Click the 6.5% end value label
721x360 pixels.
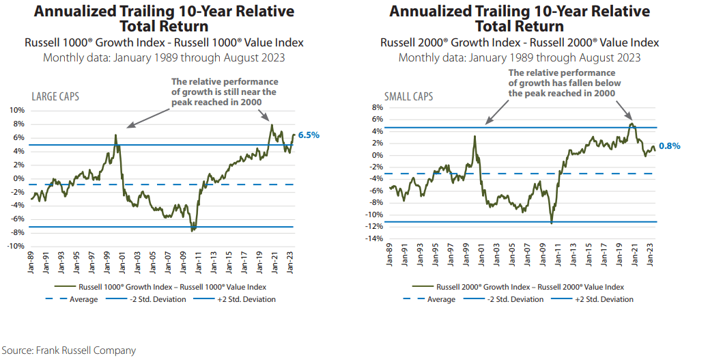tap(308, 135)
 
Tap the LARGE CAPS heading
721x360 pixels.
tap(55, 97)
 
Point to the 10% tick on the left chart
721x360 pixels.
tap(16, 111)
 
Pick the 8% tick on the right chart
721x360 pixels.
tap(375, 107)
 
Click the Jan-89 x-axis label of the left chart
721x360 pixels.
tap(31, 264)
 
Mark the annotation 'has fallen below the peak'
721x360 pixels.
tap(564, 83)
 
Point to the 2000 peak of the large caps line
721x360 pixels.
tap(115, 135)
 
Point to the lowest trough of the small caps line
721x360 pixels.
tap(551, 223)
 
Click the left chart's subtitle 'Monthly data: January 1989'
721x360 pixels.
tap(164, 57)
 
